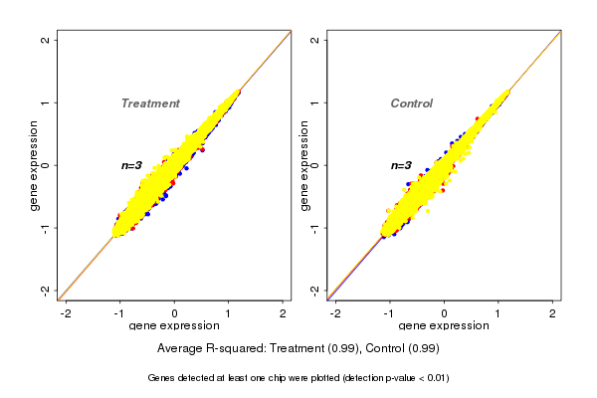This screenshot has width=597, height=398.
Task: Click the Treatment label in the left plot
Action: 150,103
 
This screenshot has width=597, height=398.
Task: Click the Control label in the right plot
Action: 412,103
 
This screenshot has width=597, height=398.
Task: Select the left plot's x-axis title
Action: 174,327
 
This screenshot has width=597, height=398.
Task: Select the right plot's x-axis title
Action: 444,327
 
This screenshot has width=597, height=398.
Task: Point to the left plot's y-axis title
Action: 35,165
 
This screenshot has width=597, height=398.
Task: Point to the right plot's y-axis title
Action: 304,165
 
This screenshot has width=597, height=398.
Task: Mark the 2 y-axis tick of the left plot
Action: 47,40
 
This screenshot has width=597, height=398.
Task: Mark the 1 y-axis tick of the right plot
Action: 315,102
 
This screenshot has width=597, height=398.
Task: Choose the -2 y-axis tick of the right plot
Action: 315,290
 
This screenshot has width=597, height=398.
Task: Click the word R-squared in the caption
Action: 237,349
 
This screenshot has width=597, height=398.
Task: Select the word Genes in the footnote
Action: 162,378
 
